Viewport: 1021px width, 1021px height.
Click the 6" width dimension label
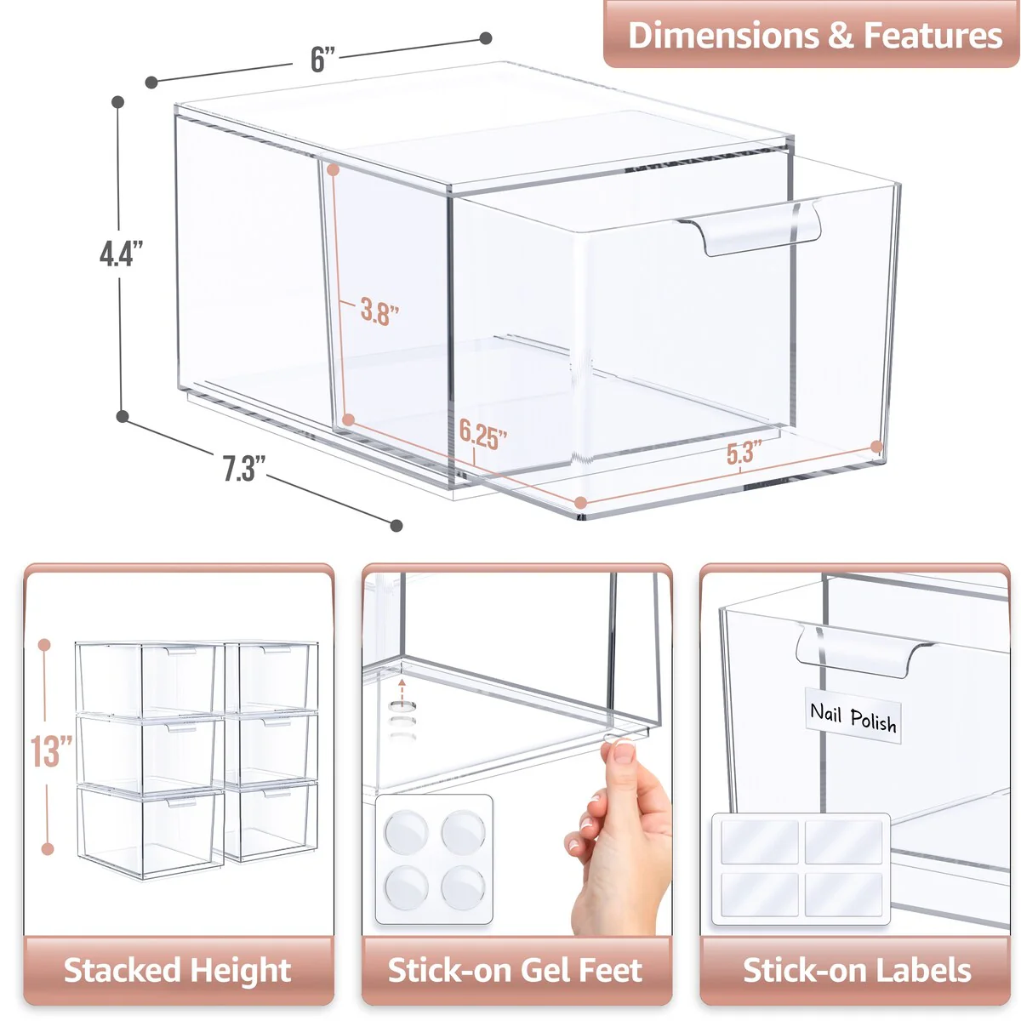tap(322, 59)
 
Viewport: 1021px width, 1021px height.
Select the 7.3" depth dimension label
tap(244, 468)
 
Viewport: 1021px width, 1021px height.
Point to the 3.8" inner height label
tap(379, 311)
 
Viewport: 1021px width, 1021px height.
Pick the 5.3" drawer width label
tap(744, 453)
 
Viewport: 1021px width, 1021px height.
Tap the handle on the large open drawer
tap(749, 228)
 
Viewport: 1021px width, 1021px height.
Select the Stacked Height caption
tap(178, 970)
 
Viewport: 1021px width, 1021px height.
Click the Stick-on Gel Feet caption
tap(516, 970)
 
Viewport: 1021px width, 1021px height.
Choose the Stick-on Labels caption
tap(856, 970)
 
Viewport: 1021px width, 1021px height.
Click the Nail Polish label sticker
tap(853, 718)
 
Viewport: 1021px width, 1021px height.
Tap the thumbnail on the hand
tap(624, 752)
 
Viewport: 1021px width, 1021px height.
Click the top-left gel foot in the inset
tap(405, 830)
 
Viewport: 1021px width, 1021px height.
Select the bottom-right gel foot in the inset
tap(463, 887)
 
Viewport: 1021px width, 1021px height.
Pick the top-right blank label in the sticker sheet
tap(844, 841)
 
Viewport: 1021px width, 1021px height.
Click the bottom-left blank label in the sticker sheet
tap(759, 894)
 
